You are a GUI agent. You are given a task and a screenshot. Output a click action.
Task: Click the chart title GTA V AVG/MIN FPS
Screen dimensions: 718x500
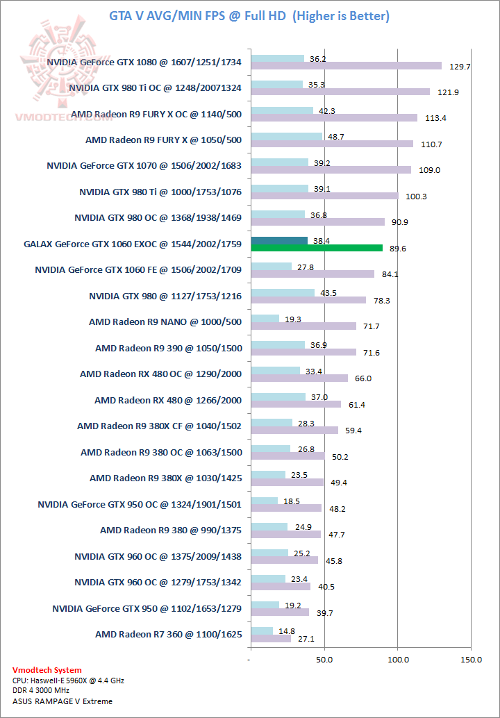click(x=249, y=16)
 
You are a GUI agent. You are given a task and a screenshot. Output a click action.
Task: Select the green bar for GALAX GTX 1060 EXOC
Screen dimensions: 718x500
click(x=317, y=248)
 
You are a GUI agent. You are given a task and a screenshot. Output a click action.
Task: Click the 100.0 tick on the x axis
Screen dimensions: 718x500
click(x=397, y=658)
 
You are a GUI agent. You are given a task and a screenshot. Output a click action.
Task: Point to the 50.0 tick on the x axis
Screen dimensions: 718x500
click(x=324, y=658)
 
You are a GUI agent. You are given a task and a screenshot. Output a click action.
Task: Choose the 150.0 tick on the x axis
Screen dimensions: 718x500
click(x=471, y=658)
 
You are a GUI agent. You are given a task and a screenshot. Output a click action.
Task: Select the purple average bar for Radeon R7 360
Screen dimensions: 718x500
click(x=271, y=638)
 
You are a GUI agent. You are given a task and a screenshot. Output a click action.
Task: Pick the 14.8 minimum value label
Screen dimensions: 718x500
click(x=283, y=631)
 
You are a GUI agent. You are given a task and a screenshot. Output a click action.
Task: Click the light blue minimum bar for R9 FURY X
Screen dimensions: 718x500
click(x=286, y=136)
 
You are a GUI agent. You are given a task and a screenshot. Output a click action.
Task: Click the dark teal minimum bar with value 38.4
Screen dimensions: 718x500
click(x=279, y=240)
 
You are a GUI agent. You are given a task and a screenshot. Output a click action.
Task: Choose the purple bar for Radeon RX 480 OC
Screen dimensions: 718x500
click(x=299, y=378)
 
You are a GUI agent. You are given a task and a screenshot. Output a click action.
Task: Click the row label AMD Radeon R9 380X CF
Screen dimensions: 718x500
click(x=159, y=426)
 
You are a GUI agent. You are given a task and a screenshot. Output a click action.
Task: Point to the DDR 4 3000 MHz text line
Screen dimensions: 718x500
click(x=41, y=692)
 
